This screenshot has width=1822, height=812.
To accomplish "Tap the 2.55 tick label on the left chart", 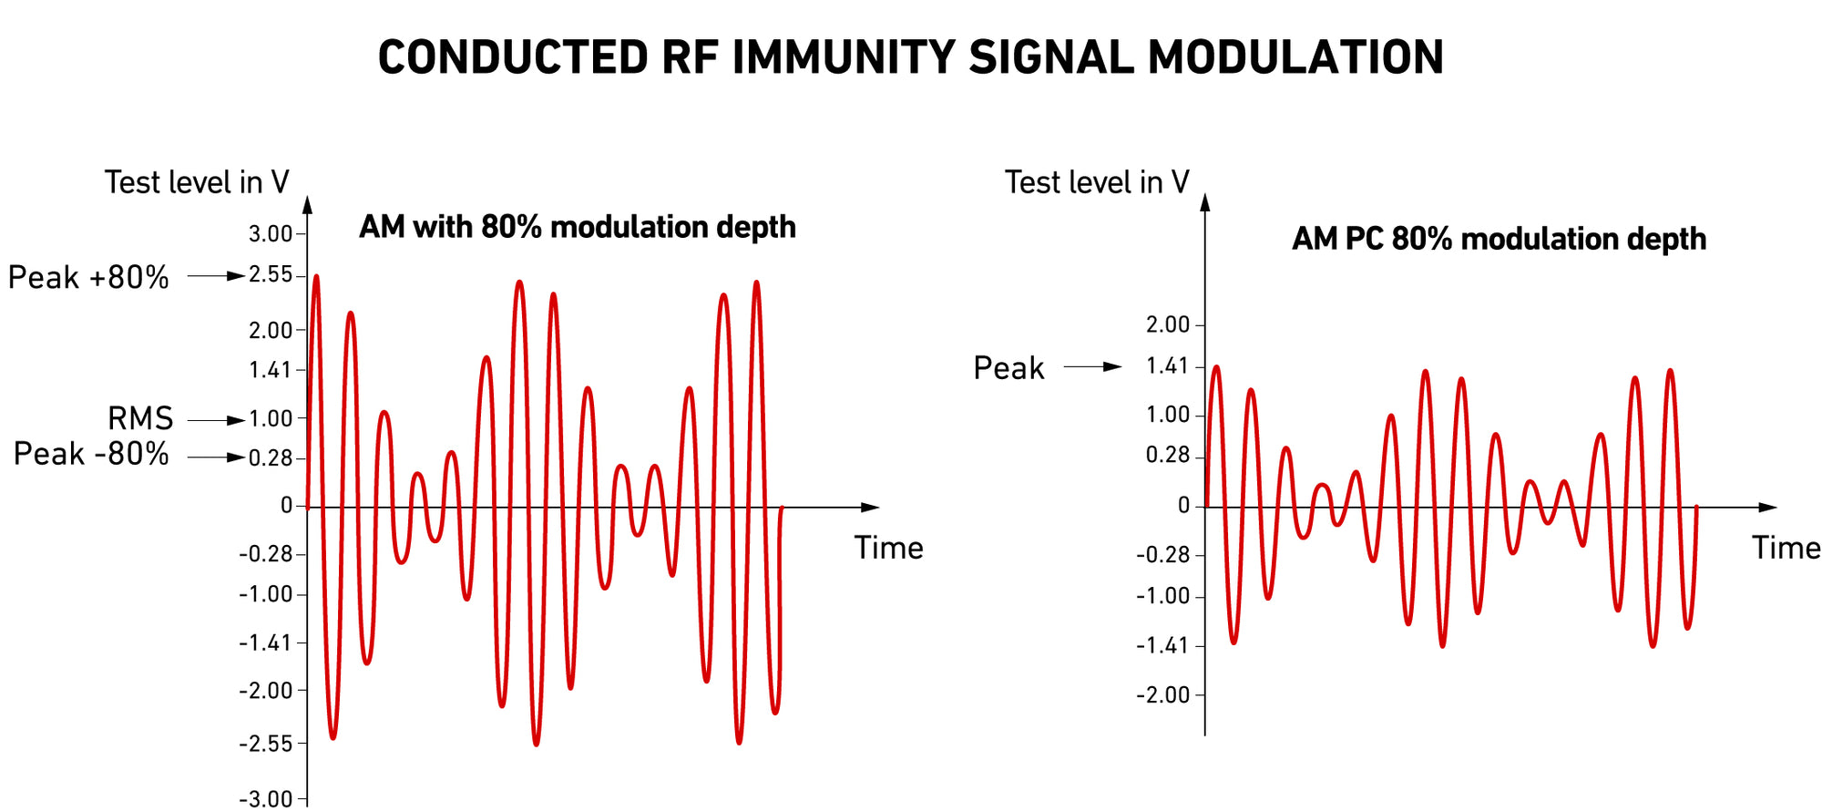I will pyautogui.click(x=271, y=275).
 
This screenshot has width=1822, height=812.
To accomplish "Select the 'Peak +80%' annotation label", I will pyautogui.click(x=88, y=277).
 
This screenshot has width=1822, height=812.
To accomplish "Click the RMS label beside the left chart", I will pyautogui.click(x=140, y=418).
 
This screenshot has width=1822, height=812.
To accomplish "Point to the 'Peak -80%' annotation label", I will pyautogui.click(x=91, y=454).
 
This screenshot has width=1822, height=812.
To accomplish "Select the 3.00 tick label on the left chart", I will pyautogui.click(x=271, y=234).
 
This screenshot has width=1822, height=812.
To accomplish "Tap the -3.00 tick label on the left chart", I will pyautogui.click(x=266, y=799).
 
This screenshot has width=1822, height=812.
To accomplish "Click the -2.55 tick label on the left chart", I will pyautogui.click(x=266, y=744).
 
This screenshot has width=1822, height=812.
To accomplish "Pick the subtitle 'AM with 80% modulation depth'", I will pyautogui.click(x=577, y=227).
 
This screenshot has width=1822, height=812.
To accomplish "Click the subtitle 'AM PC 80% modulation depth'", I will pyautogui.click(x=1499, y=239).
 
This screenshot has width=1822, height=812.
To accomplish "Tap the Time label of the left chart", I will pyautogui.click(x=888, y=548).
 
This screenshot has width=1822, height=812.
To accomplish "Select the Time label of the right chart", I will pyautogui.click(x=1786, y=548).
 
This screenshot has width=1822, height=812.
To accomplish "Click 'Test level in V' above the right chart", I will pyautogui.click(x=1097, y=182).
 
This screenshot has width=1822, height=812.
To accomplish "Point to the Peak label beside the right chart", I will pyautogui.click(x=1008, y=368).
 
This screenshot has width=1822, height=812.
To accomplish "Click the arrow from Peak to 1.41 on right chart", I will pyautogui.click(x=1093, y=367).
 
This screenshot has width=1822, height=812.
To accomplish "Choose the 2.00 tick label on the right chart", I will pyautogui.click(x=1168, y=324).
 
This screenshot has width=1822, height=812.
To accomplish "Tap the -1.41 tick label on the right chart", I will pyautogui.click(x=1162, y=646).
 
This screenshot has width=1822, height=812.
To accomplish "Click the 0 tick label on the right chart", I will pyautogui.click(x=1183, y=506).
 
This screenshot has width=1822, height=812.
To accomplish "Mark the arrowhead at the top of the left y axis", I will pyautogui.click(x=307, y=204).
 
